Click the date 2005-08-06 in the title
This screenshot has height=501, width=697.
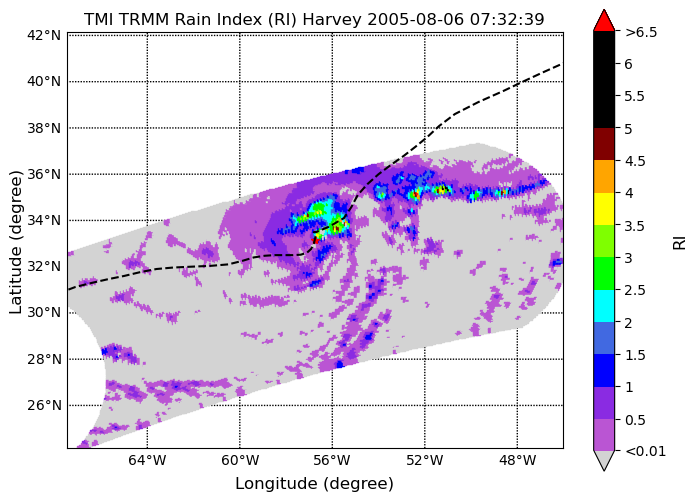(416, 19)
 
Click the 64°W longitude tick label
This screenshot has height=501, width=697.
(147, 461)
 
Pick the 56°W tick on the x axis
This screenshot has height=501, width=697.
(332, 461)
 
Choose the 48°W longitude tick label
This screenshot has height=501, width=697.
(517, 461)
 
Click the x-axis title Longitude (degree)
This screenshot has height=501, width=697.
(314, 484)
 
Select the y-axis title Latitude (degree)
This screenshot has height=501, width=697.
(15, 242)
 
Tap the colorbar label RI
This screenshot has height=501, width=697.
(680, 243)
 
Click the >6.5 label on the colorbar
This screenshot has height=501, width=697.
(641, 32)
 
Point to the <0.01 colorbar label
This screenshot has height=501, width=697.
(646, 451)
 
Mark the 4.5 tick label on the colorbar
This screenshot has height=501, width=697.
(635, 161)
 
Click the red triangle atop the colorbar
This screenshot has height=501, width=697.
(604, 20)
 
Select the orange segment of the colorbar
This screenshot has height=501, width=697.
(604, 176)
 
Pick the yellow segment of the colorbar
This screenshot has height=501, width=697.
(604, 209)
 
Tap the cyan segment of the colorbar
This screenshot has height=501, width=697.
(604, 306)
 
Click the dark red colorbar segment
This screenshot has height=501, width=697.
(604, 144)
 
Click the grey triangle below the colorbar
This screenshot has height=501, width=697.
(604, 460)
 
